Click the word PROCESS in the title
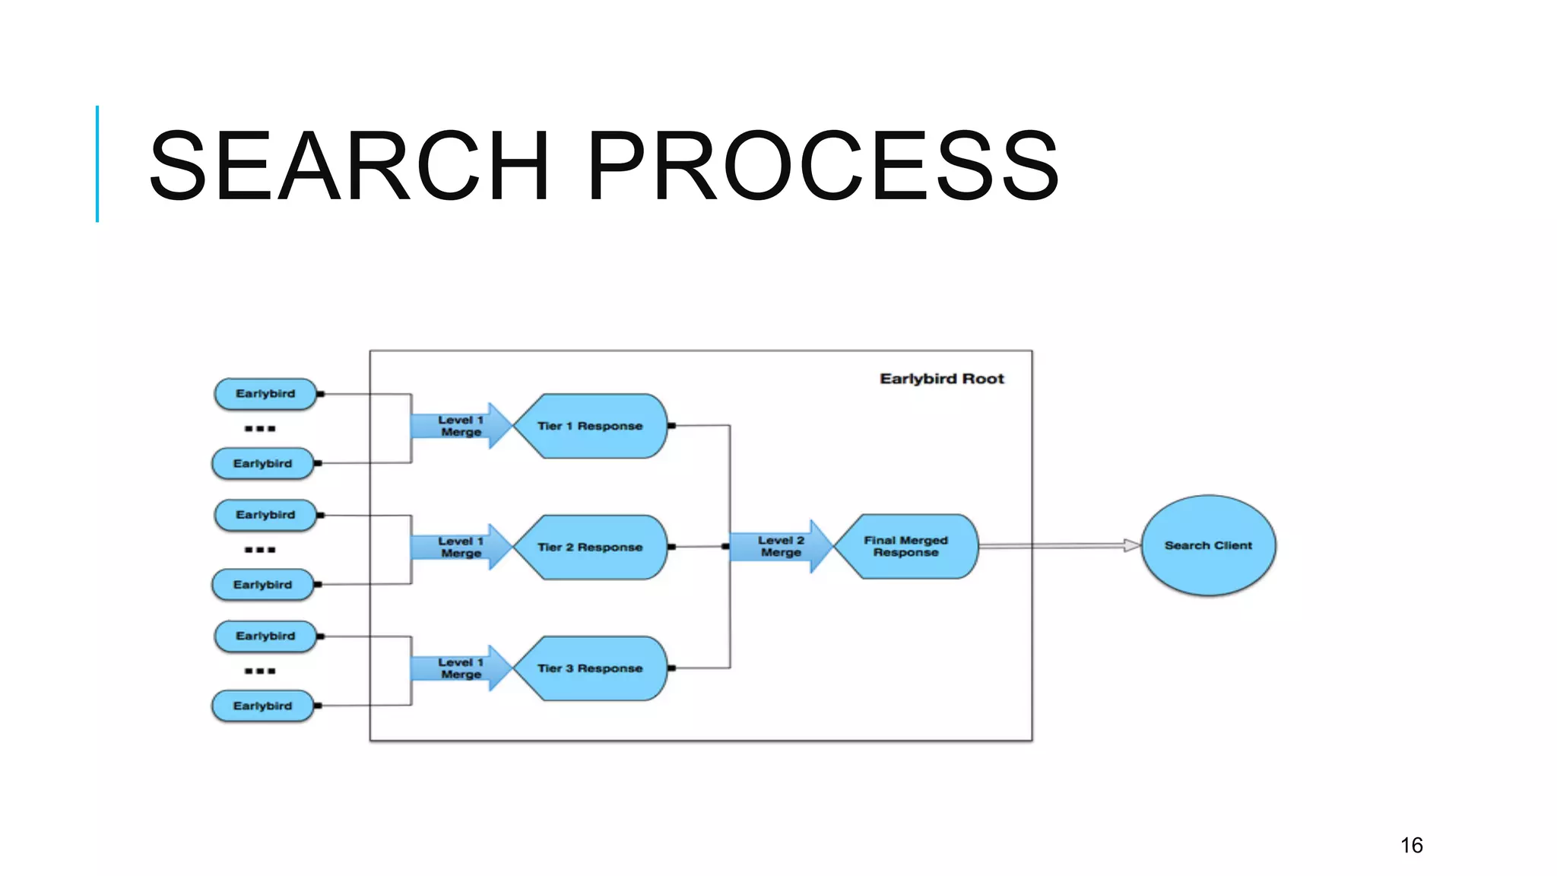823,166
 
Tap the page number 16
1411,845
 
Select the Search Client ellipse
1208,545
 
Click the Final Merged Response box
905,546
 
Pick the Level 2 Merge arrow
780,546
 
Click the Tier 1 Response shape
590,426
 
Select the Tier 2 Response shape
590,547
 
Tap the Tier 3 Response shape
590,668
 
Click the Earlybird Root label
941,379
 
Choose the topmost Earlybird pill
265,394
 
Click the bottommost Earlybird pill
262,706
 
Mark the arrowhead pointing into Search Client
1132,545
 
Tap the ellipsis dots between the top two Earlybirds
260,429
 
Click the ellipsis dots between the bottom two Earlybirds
260,671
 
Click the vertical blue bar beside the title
97,163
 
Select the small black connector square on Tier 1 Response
671,426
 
